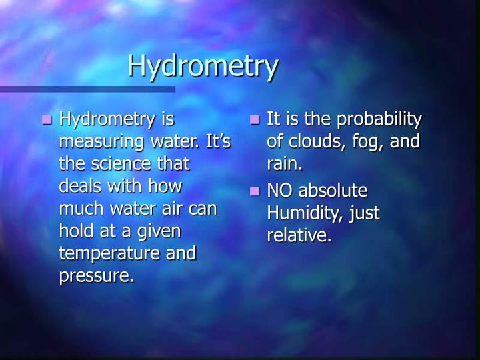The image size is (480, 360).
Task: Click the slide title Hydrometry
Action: (202, 66)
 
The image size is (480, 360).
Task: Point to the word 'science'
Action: (112, 164)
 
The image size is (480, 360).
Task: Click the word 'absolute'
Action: (332, 191)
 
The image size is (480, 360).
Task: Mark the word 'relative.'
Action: (299, 235)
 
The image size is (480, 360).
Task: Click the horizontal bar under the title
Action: (87, 89)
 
